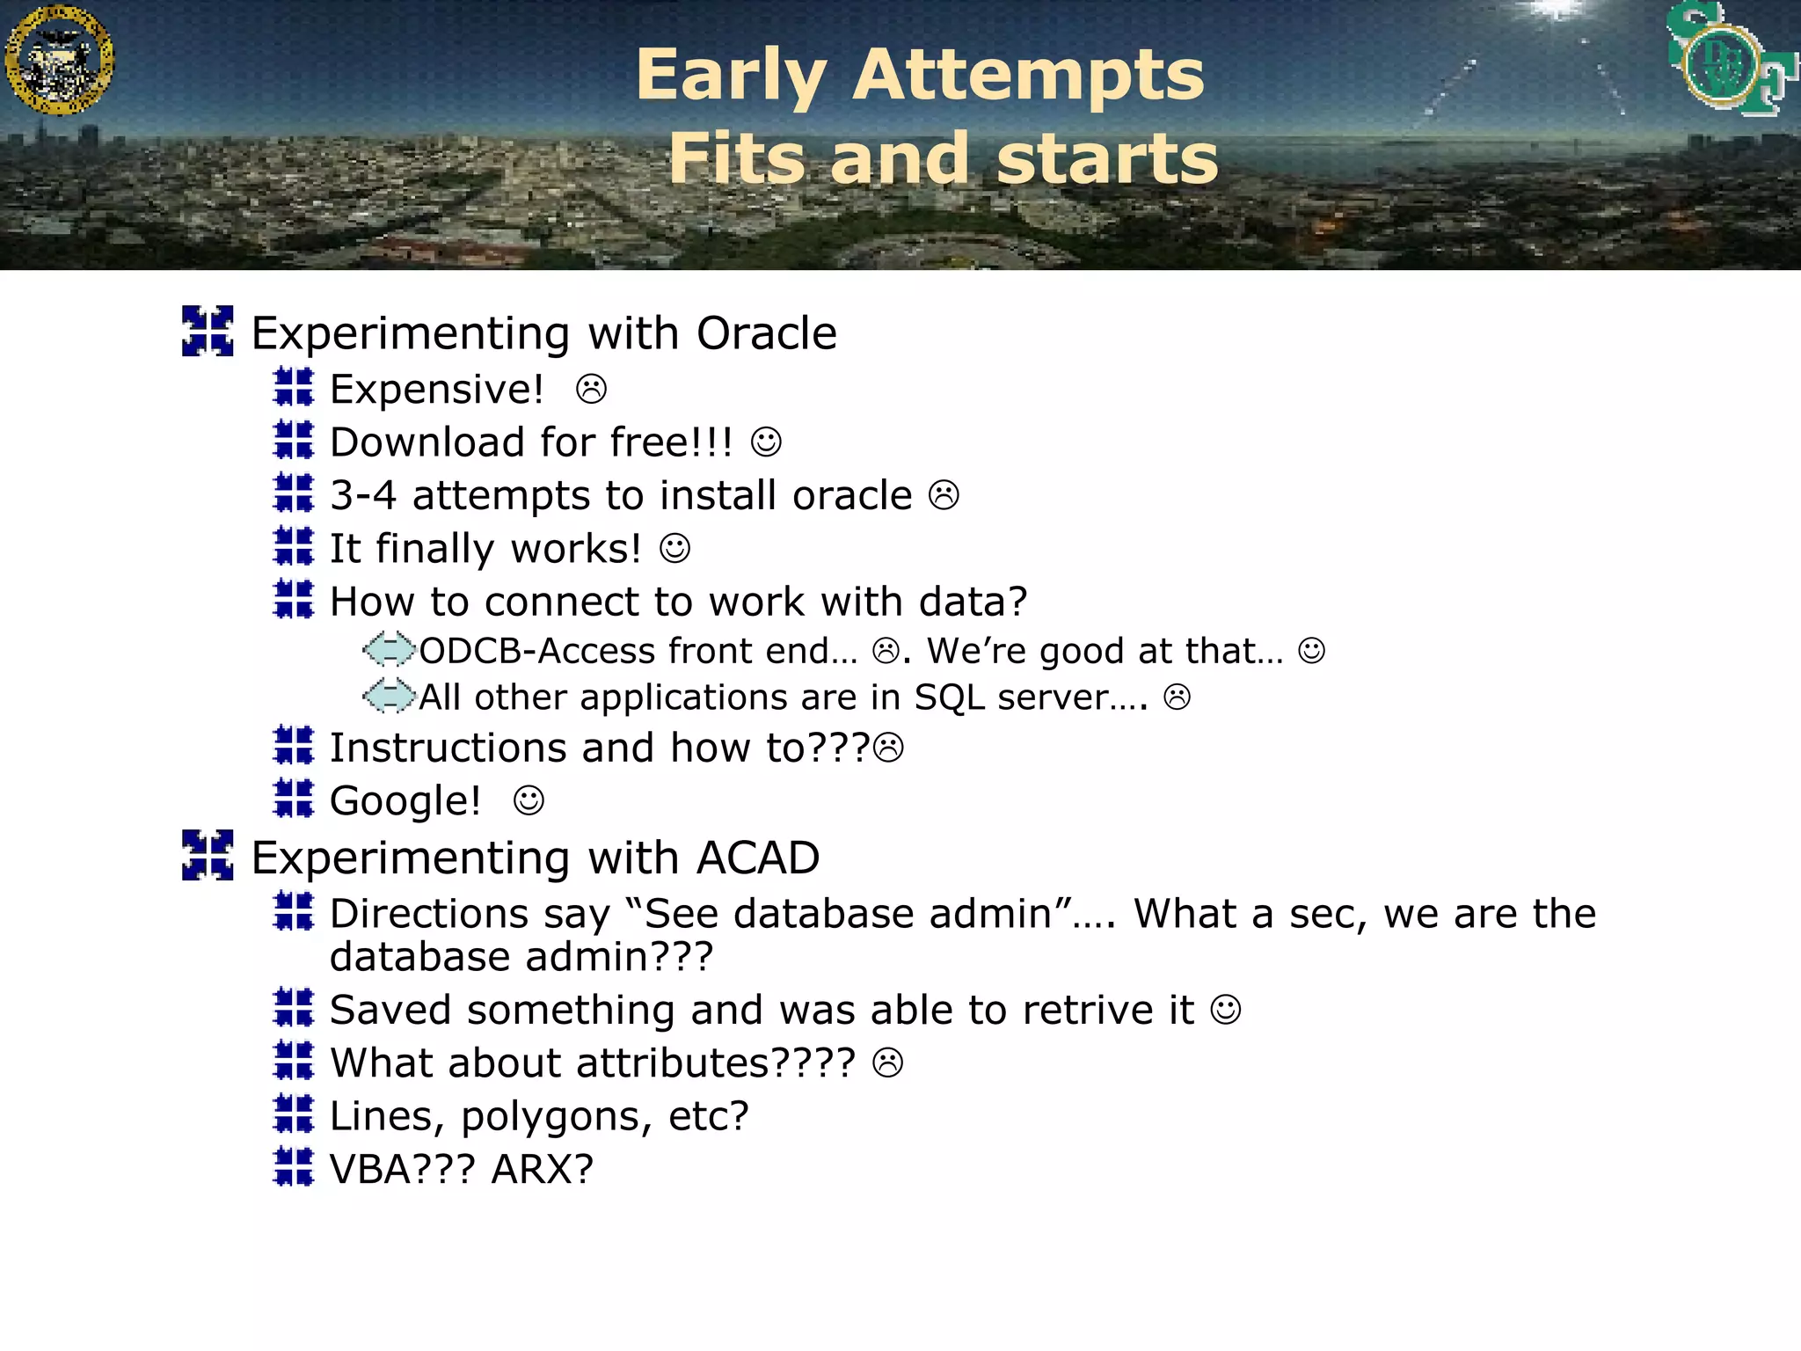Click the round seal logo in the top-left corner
pos(59,60)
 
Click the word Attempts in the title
pos(1028,76)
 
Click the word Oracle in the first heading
pos(766,333)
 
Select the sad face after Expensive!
pos(591,390)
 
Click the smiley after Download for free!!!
pos(766,442)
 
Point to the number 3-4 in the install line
pos(362,496)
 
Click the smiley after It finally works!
pos(674,549)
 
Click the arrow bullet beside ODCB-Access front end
pos(389,650)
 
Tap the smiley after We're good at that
pos(1311,651)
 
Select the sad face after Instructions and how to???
pos(889,748)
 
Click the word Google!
pos(405,801)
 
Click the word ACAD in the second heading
pos(757,858)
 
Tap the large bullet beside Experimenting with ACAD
pos(208,855)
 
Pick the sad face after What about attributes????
pos(887,1063)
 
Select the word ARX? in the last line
pos(542,1170)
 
